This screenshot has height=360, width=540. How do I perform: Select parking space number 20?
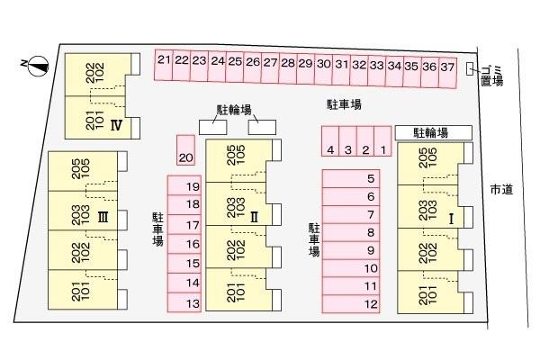(186, 150)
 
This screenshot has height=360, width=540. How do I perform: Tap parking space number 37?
(447, 73)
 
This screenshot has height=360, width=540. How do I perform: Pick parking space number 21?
(164, 65)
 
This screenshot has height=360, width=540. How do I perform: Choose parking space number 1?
(382, 141)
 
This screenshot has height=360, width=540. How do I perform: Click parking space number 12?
(351, 304)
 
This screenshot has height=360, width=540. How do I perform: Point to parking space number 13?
(184, 302)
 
